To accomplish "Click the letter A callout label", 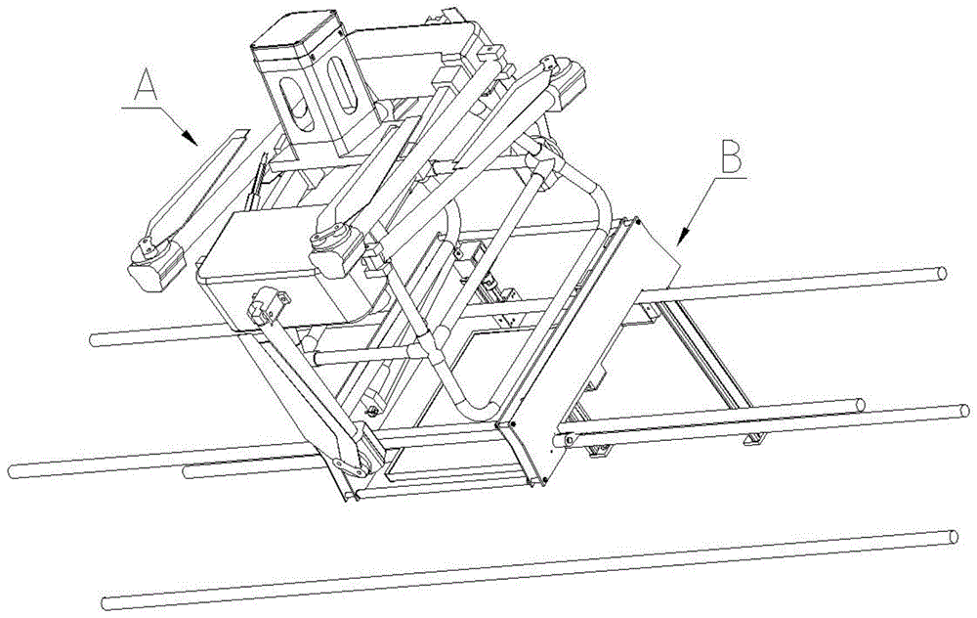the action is pyautogui.click(x=145, y=90).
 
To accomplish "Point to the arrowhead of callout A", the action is pyautogui.click(x=196, y=143).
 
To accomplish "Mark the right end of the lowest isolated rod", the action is pyautogui.click(x=953, y=536).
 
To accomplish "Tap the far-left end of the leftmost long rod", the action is pyautogui.click(x=15, y=470).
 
